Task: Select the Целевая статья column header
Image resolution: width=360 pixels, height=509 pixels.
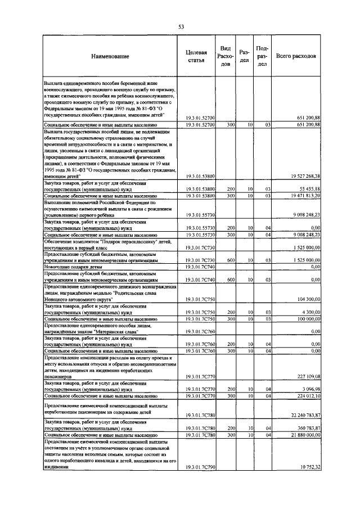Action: [x=193, y=56]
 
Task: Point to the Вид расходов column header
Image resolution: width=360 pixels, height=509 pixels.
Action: [x=224, y=56]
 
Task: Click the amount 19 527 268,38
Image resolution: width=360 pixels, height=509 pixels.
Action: [x=302, y=176]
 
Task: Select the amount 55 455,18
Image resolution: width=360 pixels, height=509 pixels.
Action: [x=307, y=188]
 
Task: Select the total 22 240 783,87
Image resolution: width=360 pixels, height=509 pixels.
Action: [x=302, y=415]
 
